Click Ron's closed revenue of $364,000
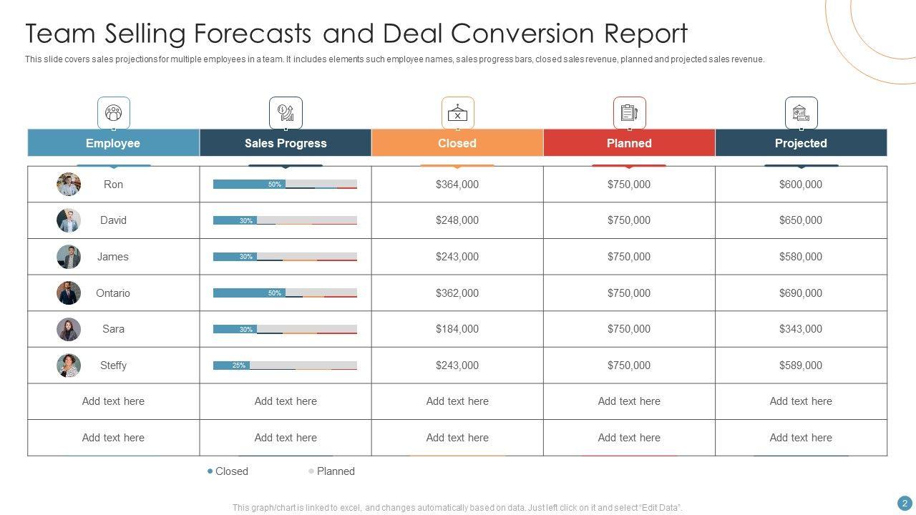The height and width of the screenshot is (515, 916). click(457, 185)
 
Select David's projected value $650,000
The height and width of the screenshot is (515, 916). click(801, 220)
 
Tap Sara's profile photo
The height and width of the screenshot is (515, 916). click(69, 329)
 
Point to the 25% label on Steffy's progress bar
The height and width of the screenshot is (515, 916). click(239, 366)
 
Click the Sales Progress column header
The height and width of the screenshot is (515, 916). click(286, 143)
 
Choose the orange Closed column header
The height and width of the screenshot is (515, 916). click(457, 143)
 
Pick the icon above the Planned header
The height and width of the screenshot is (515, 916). click(629, 113)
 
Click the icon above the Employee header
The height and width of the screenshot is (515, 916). click(114, 113)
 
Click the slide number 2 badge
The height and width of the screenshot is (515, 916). click(905, 504)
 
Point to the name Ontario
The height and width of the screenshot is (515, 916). click(113, 293)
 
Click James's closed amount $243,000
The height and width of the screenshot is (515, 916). click(457, 257)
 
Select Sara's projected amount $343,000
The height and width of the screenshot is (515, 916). click(801, 329)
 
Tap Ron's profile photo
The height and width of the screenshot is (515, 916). click(69, 185)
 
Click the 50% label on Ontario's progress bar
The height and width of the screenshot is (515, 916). click(275, 293)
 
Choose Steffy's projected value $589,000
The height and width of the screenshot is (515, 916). click(801, 366)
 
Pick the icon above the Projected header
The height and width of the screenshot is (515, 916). click(801, 113)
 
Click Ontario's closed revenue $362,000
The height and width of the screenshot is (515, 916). click(457, 293)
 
